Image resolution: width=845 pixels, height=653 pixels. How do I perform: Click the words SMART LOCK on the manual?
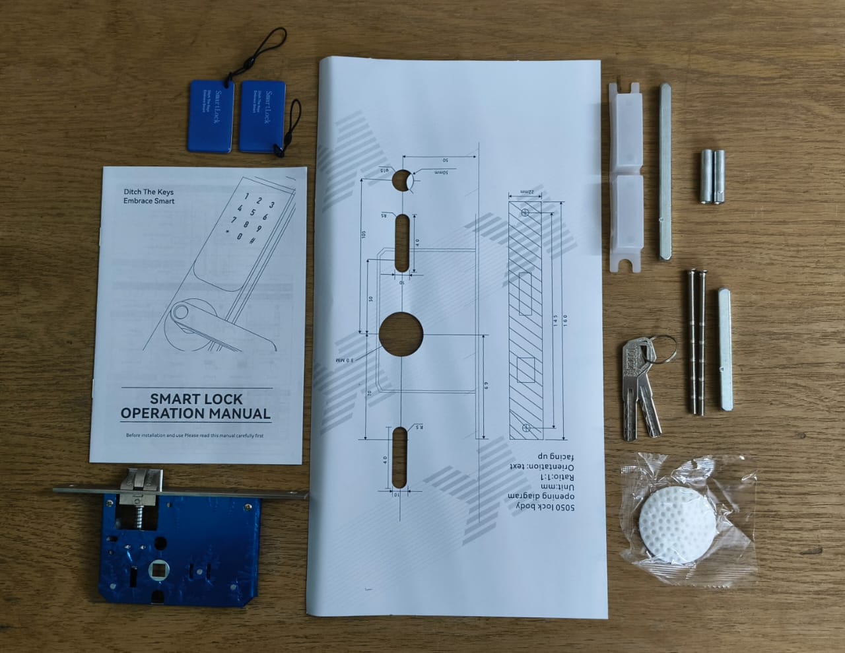(196, 399)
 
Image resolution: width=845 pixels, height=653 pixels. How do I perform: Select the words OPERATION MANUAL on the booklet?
(195, 414)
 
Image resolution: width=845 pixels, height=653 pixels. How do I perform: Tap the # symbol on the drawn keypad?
(252, 240)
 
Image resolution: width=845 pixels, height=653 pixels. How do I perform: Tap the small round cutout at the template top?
(401, 179)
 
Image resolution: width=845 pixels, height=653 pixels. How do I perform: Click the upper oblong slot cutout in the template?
(401, 242)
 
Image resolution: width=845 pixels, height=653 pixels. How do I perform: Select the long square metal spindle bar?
(665, 174)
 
